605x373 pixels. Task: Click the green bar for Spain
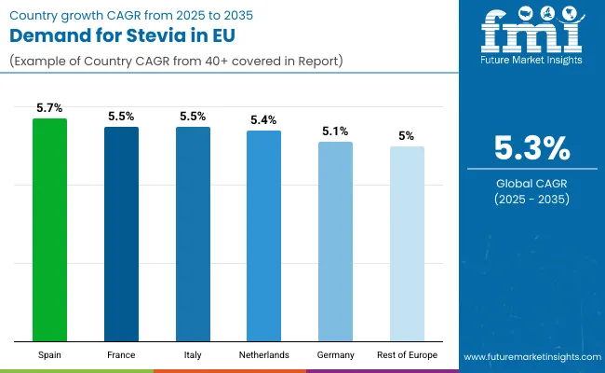click(x=49, y=229)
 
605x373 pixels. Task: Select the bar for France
click(x=121, y=233)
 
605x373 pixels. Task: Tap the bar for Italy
click(x=193, y=233)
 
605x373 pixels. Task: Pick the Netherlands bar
click(x=263, y=235)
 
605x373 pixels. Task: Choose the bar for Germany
click(x=335, y=241)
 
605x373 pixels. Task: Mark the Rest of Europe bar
click(x=407, y=243)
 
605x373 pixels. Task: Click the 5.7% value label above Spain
click(x=49, y=108)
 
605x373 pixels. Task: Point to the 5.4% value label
click(x=263, y=120)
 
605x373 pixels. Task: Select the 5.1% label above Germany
click(x=335, y=131)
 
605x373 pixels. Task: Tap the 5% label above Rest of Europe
click(x=407, y=136)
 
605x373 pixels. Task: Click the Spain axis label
click(x=49, y=354)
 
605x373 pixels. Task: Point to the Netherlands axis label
click(x=263, y=354)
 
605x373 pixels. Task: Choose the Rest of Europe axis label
click(x=407, y=354)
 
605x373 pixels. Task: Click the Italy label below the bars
click(x=193, y=354)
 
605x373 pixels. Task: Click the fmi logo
click(x=531, y=37)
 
